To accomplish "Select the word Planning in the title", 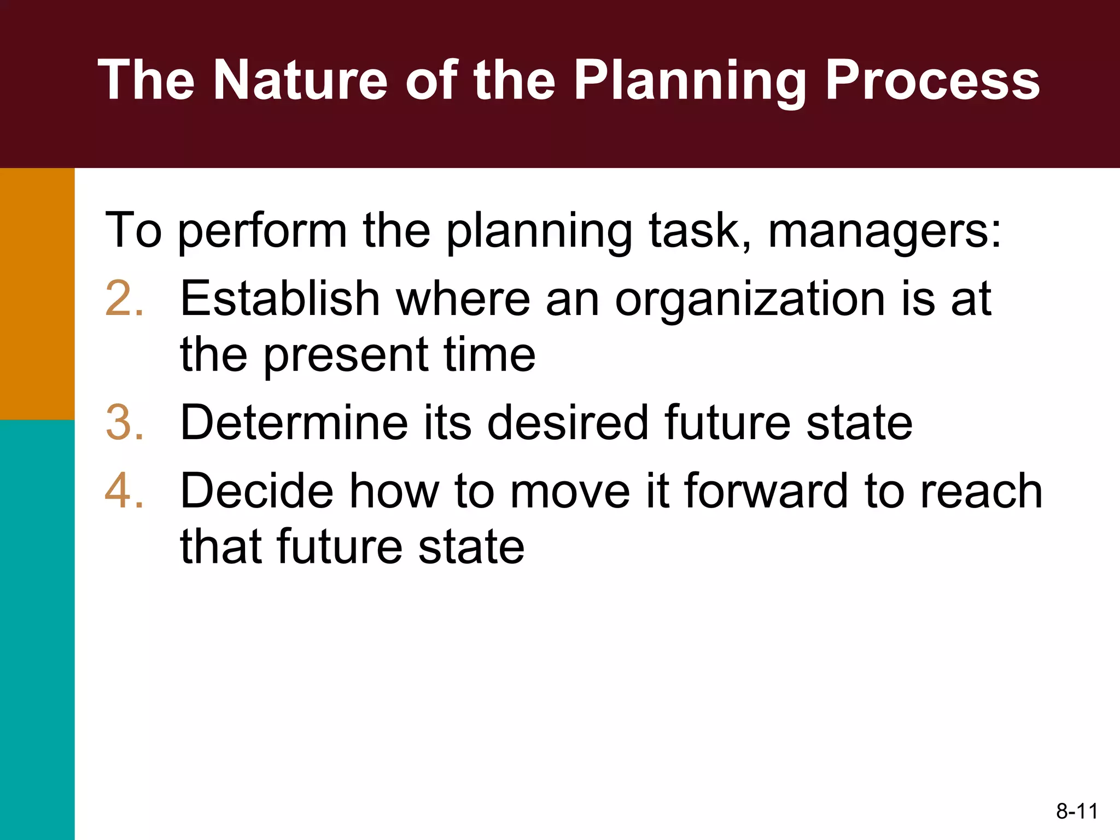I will pyautogui.click(x=690, y=81).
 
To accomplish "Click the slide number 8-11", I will pyautogui.click(x=1077, y=811).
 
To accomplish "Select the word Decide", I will pyautogui.click(x=256, y=491).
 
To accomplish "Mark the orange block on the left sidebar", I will pyautogui.click(x=37, y=294).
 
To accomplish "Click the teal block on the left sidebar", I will pyautogui.click(x=37, y=629).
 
